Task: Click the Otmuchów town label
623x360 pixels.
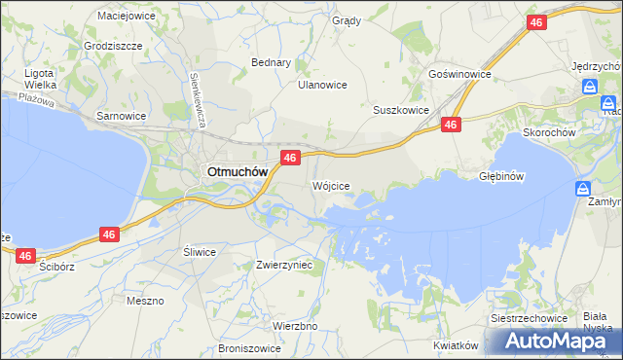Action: click(235, 171)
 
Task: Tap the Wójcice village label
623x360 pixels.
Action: click(330, 185)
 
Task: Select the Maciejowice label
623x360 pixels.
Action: click(128, 16)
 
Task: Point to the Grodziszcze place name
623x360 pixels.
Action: click(113, 46)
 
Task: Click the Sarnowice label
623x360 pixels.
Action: click(121, 115)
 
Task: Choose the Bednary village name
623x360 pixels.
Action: click(272, 62)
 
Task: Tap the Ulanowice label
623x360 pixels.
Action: click(322, 85)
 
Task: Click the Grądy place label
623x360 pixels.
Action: click(346, 20)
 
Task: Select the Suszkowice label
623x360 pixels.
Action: click(401, 110)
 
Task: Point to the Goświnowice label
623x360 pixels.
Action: click(459, 74)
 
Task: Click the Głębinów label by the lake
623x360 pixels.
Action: click(502, 177)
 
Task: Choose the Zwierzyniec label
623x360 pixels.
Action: click(283, 264)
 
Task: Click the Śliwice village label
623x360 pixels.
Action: click(200, 251)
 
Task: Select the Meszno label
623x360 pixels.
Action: click(145, 301)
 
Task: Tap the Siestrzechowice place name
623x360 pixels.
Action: click(529, 320)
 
